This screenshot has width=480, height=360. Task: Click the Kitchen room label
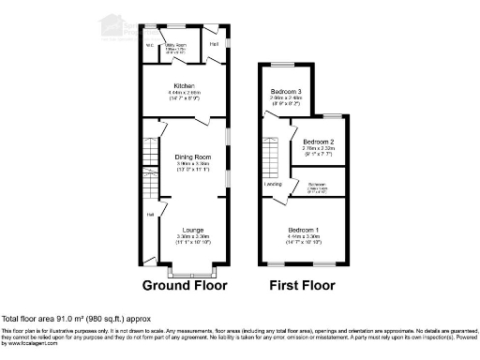(x=183, y=86)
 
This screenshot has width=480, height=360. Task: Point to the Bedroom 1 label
(x=304, y=230)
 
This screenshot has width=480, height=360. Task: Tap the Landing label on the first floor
(x=274, y=184)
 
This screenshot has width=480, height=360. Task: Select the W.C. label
(x=149, y=43)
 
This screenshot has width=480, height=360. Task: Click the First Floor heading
(x=303, y=284)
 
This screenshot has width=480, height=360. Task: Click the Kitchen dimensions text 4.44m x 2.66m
(x=183, y=94)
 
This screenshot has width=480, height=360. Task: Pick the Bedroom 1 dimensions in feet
(x=304, y=242)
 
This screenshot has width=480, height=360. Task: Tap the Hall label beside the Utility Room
(x=214, y=43)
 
